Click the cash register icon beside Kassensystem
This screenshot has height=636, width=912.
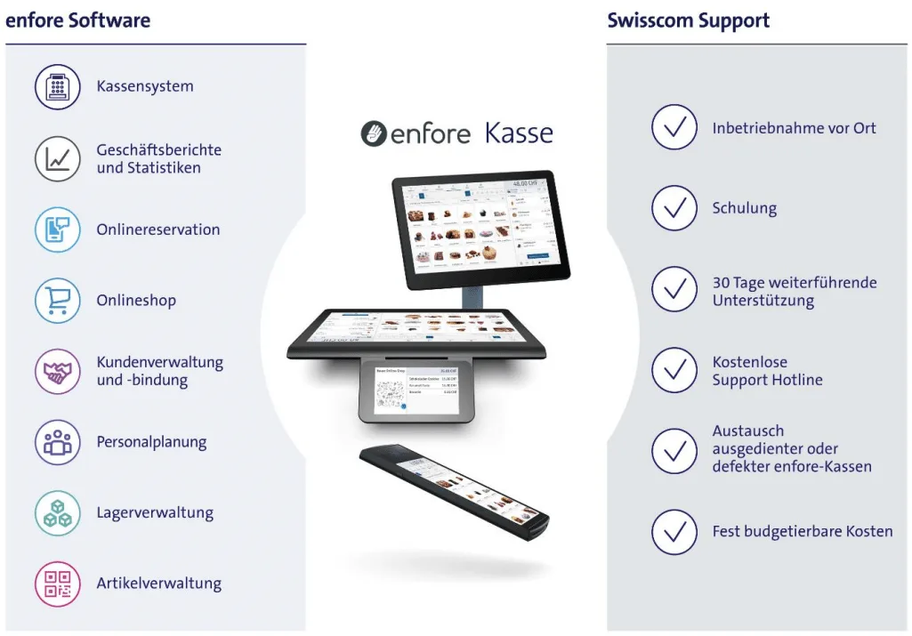58,87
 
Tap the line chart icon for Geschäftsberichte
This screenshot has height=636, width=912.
58,158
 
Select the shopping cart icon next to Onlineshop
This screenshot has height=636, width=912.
58,301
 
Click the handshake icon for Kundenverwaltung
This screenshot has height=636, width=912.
58,372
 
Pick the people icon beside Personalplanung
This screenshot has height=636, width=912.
58,442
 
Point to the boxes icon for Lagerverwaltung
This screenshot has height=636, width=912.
58,513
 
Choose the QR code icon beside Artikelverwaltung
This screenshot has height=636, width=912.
58,584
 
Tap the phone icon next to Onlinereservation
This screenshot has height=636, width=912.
58,229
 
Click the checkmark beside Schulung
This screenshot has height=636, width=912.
674,208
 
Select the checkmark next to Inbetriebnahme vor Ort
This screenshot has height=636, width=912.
674,128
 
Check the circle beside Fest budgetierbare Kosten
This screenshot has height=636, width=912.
674,532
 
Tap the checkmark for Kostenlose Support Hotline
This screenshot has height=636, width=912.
674,371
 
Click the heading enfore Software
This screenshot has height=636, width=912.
78,20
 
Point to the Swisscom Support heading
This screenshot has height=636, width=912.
689,20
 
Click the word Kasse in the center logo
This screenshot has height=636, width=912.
519,133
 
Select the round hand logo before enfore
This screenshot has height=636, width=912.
374,134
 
